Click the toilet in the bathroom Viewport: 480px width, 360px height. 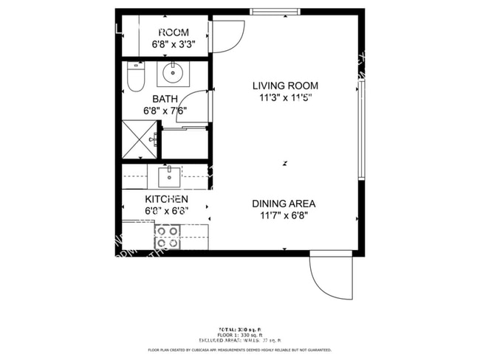point(135,77)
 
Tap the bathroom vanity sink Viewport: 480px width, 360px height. point(174,74)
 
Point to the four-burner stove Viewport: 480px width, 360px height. point(168,236)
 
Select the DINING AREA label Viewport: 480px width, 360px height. point(284,204)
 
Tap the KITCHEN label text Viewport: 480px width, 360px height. point(166,199)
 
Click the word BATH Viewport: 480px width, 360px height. point(165,99)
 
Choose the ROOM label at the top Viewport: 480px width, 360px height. point(174,32)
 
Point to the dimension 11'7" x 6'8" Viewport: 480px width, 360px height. point(284,216)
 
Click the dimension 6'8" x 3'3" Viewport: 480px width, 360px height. point(174,44)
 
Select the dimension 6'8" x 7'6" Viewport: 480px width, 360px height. point(165,111)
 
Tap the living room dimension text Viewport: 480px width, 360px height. point(286,97)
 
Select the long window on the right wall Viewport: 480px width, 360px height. point(361,130)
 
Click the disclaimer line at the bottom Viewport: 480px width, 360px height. point(239,350)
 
